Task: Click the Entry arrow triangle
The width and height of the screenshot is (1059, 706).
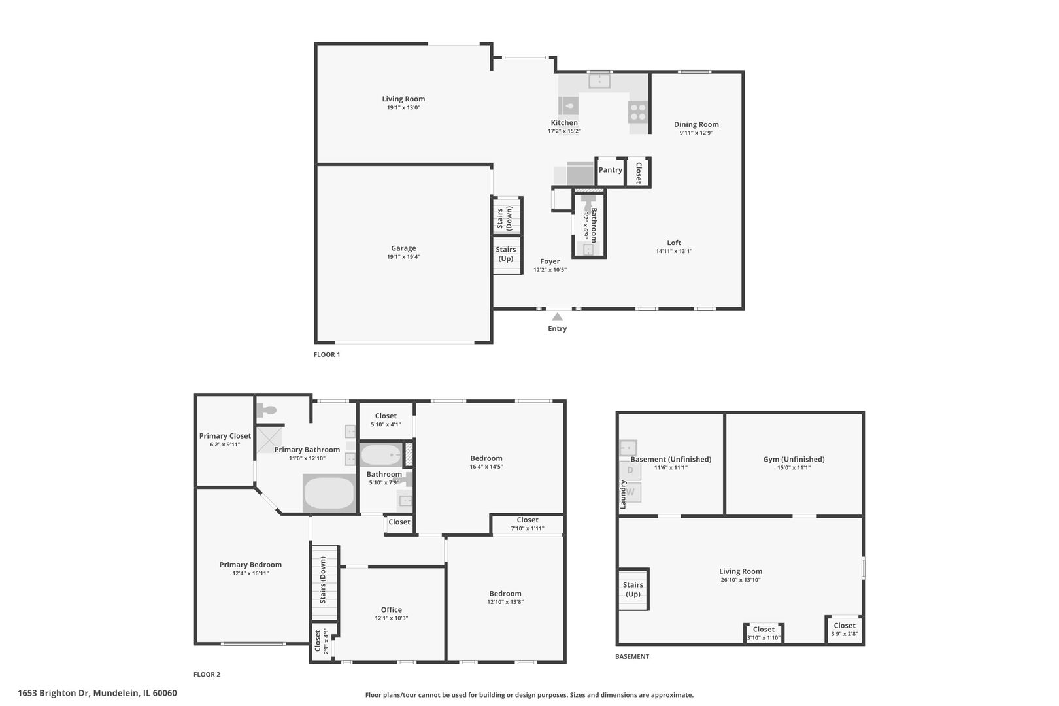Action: click(557, 317)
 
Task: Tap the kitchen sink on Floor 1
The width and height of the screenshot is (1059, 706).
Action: click(599, 82)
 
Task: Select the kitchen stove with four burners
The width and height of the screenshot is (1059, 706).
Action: click(637, 112)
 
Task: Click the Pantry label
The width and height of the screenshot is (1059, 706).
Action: click(611, 170)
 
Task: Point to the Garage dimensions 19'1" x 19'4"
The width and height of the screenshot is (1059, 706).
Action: click(403, 257)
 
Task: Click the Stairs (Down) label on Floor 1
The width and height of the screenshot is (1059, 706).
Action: click(505, 218)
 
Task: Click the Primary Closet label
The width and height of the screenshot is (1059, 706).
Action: click(225, 436)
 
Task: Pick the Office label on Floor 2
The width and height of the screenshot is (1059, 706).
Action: click(392, 609)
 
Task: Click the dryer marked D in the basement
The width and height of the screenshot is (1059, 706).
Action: click(630, 470)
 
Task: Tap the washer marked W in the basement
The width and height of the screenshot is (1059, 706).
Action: click(631, 492)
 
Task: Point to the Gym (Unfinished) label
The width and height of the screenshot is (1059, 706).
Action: click(794, 459)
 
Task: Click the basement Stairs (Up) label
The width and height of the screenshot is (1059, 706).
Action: click(633, 590)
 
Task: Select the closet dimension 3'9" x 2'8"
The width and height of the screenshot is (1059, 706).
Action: click(844, 633)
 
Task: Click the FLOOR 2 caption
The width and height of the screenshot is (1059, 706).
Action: click(207, 674)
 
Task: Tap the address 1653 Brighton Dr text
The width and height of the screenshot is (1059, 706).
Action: click(97, 693)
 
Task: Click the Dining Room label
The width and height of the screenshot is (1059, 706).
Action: click(696, 124)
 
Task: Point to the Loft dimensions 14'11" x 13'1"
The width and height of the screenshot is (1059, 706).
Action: click(674, 251)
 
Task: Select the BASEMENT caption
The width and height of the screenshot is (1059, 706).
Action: click(632, 656)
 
